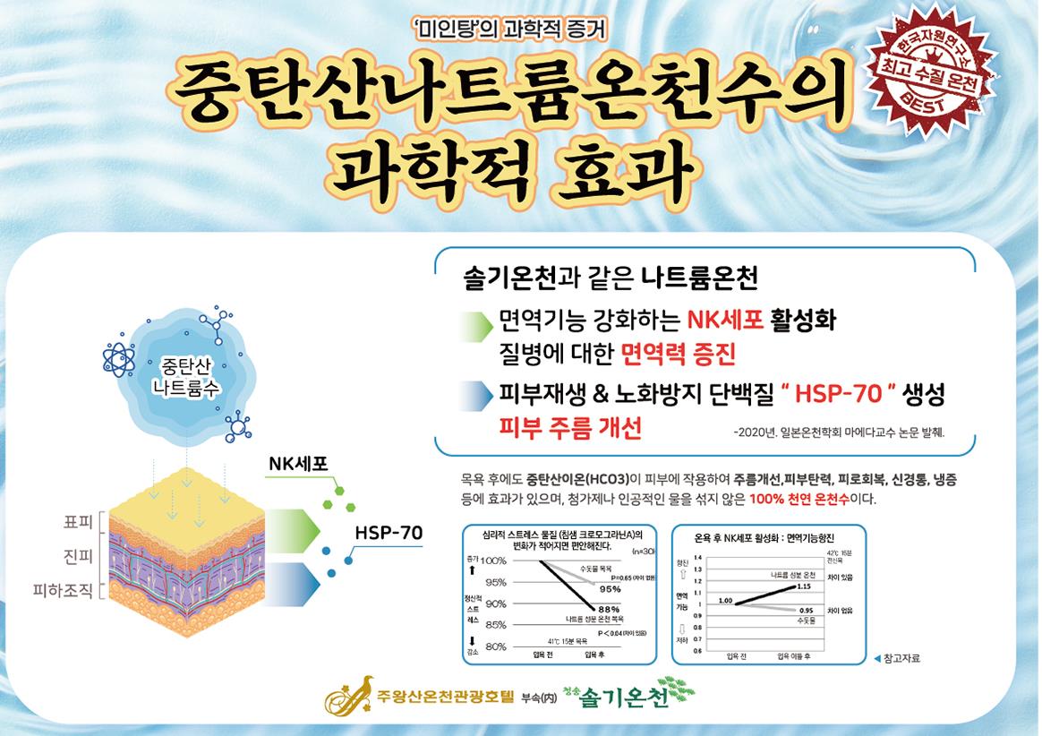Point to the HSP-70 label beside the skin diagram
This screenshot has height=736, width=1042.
tap(389, 532)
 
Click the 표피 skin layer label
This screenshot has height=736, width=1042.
tap(75, 521)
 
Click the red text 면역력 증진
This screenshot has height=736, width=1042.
tap(678, 355)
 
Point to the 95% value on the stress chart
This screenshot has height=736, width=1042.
tap(610, 589)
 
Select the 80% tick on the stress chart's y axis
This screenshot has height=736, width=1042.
tap(495, 646)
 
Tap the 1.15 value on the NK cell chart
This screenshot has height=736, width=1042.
tap(803, 586)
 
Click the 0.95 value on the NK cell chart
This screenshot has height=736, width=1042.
tap(805, 610)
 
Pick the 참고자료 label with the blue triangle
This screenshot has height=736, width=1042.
tap(894, 659)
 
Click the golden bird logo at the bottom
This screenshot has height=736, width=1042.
tap(353, 695)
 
